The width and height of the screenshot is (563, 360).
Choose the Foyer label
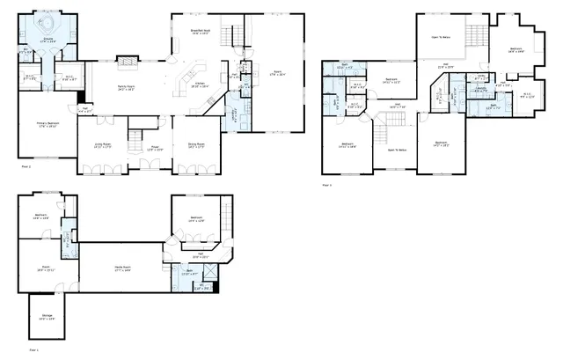[x=154, y=148]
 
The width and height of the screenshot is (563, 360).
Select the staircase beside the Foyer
[x=135, y=138]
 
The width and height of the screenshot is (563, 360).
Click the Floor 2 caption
[x=25, y=165]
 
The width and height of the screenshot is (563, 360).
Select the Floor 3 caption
[x=327, y=185]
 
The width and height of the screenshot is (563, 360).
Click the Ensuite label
[x=49, y=40]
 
